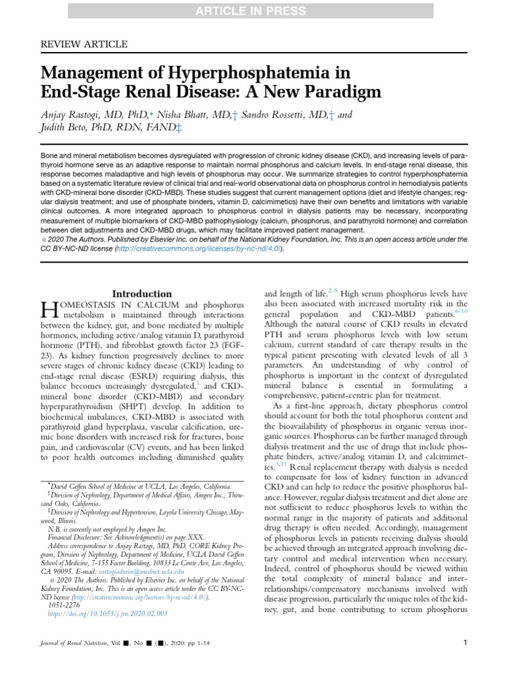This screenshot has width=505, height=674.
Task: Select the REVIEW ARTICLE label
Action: point(84,44)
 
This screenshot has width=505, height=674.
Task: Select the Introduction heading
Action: point(142,294)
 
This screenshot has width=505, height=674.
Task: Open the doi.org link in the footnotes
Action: point(108,613)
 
